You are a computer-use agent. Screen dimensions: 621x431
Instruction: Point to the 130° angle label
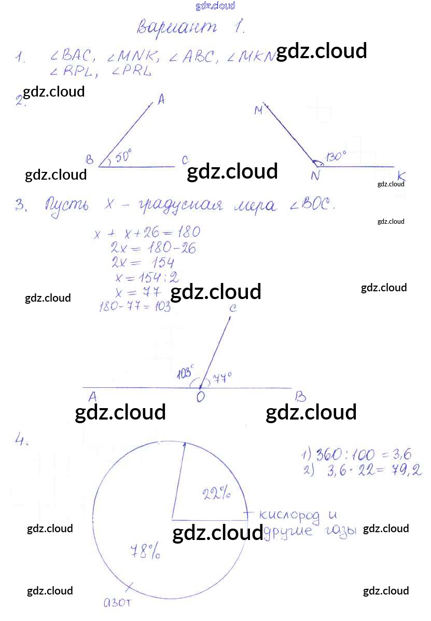[337, 156]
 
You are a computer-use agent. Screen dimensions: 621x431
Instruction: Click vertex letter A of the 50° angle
[161, 101]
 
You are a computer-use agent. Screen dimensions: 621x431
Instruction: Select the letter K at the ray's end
[401, 176]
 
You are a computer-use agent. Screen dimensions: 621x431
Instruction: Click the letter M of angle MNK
[259, 110]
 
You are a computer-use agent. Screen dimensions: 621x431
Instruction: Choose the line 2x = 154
[143, 262]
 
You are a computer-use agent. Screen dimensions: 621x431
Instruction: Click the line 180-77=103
[135, 307]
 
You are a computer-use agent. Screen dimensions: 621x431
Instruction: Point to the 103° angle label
[185, 373]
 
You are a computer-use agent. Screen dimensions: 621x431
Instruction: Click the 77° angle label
[222, 377]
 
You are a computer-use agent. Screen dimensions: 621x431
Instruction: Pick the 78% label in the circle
[145, 551]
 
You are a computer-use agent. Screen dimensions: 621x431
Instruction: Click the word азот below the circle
[119, 603]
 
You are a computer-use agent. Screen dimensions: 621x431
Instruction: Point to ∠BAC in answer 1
[71, 56]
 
